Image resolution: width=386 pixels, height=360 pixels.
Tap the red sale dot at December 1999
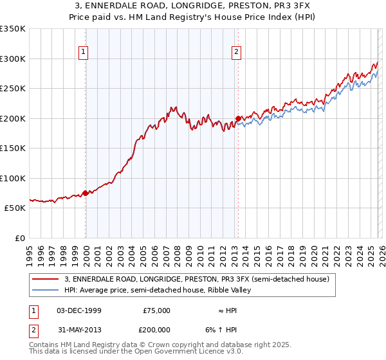(86, 193)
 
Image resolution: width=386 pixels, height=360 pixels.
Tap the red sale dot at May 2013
(238, 118)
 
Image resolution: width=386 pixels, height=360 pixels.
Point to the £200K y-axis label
(13, 118)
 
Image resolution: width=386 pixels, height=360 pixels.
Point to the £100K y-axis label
(13, 178)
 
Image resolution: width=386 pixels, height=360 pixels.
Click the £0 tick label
(20, 238)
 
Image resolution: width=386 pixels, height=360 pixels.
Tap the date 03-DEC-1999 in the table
(78, 310)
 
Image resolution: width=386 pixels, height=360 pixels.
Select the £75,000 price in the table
(156, 310)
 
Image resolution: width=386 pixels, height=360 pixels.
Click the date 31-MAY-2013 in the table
(78, 331)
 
